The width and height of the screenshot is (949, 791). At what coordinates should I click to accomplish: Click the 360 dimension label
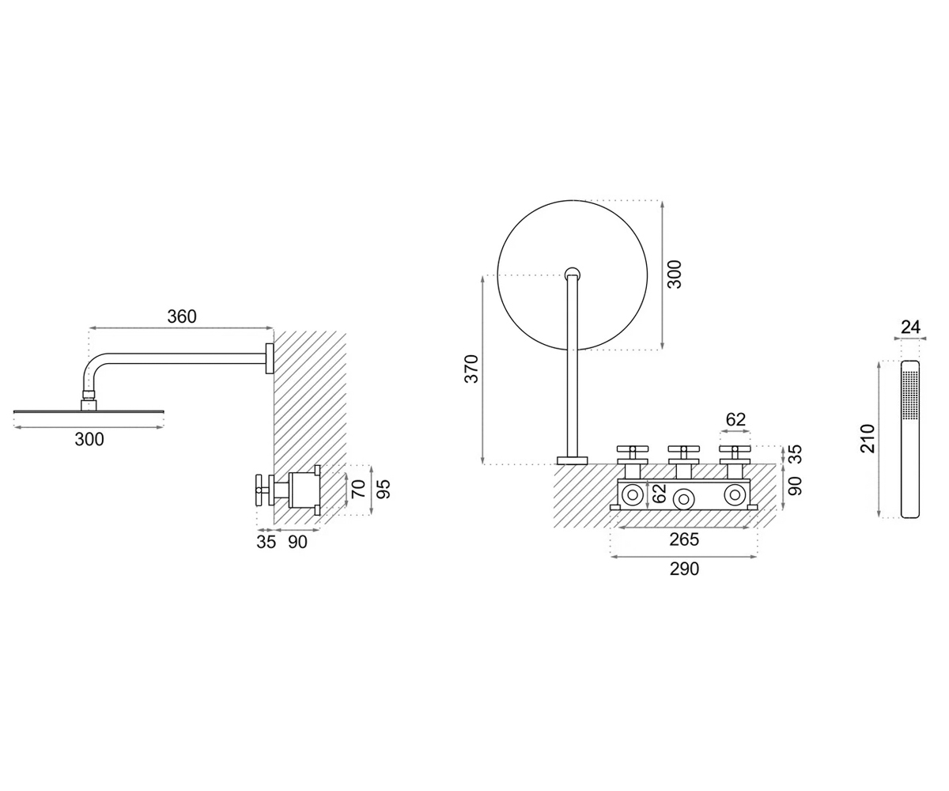point(182,316)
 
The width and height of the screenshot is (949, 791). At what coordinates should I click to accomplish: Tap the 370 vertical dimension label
point(472,369)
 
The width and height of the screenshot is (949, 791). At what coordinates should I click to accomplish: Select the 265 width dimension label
point(684,539)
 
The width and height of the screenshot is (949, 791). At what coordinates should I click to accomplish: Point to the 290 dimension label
point(684,569)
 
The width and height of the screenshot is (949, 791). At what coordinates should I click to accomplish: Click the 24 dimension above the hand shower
point(910,327)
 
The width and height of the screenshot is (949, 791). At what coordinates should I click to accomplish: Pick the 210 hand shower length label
point(868,438)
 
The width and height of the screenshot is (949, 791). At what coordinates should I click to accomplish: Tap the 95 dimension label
point(384,489)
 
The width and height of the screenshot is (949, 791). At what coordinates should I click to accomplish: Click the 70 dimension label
point(358,489)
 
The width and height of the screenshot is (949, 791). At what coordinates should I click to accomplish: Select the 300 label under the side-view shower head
point(89,440)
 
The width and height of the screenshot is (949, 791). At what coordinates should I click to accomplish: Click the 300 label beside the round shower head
point(674,274)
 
